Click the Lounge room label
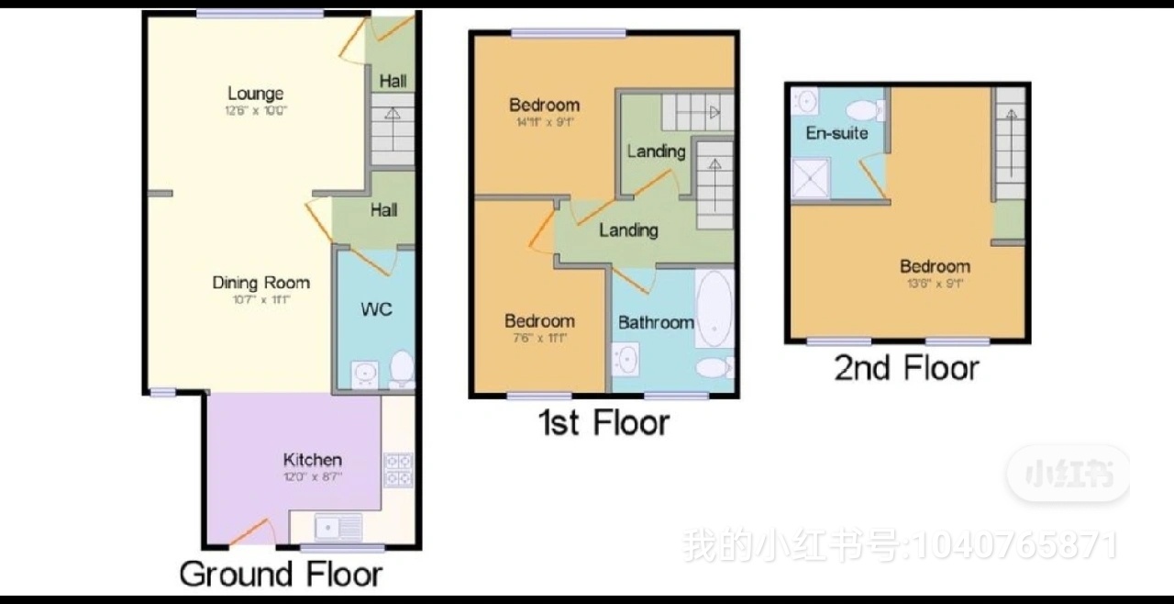coord(255,94)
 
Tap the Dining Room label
coord(260,283)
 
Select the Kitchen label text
coord(312,460)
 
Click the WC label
coord(376,309)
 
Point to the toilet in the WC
coord(401,370)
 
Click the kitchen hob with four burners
coord(398,469)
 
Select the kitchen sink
coord(337,527)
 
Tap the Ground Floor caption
coord(281,575)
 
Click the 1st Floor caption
coord(604,423)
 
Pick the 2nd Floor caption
coord(906,369)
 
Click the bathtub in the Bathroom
coord(714,308)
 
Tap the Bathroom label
coord(655,322)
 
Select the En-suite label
coord(836,133)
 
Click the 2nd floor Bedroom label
coord(935,267)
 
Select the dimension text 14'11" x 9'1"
coord(544,120)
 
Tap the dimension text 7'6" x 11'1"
coord(539,337)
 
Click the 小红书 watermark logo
coord(1068,475)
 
